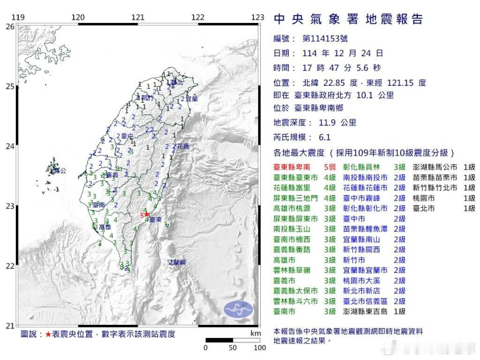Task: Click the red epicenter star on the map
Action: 147,214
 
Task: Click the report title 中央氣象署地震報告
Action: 348,19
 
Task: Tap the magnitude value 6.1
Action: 324,137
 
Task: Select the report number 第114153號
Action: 326,38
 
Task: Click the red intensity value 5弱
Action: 330,167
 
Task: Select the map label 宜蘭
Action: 191,99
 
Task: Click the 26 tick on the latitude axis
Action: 9,27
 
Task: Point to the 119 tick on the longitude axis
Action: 17,17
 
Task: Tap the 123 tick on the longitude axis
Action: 257,17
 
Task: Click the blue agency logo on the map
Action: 238,308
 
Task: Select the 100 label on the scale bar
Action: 260,348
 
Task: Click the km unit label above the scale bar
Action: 255,333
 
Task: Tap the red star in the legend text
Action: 48,334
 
